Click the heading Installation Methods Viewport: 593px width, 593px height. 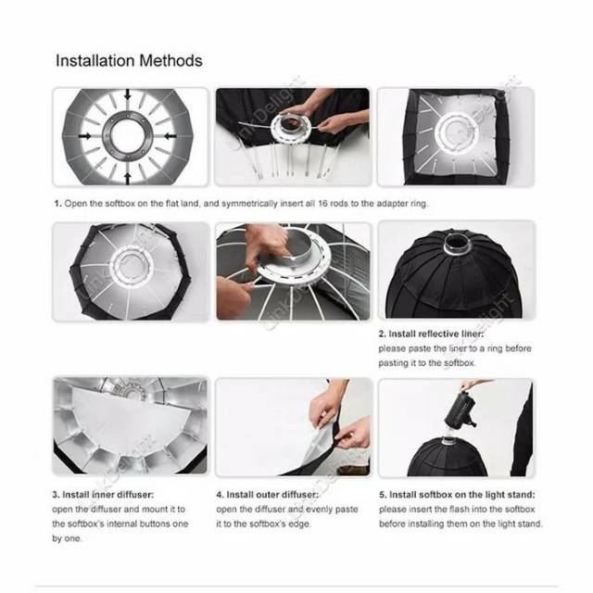pos(129,60)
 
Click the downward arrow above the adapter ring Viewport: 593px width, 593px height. pos(128,95)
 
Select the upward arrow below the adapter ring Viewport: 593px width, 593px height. pos(128,179)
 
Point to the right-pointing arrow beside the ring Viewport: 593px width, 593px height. pos(84,136)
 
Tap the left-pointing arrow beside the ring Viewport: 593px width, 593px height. pos(170,136)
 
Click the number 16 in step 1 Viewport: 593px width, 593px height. pos(322,204)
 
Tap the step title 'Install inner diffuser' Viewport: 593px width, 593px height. pos(107,495)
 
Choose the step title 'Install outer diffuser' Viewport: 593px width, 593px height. pos(272,495)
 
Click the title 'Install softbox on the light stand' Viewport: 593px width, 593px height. pos(461,495)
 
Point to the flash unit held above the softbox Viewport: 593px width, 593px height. pos(460,410)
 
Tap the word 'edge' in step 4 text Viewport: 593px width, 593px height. pos(300,524)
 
